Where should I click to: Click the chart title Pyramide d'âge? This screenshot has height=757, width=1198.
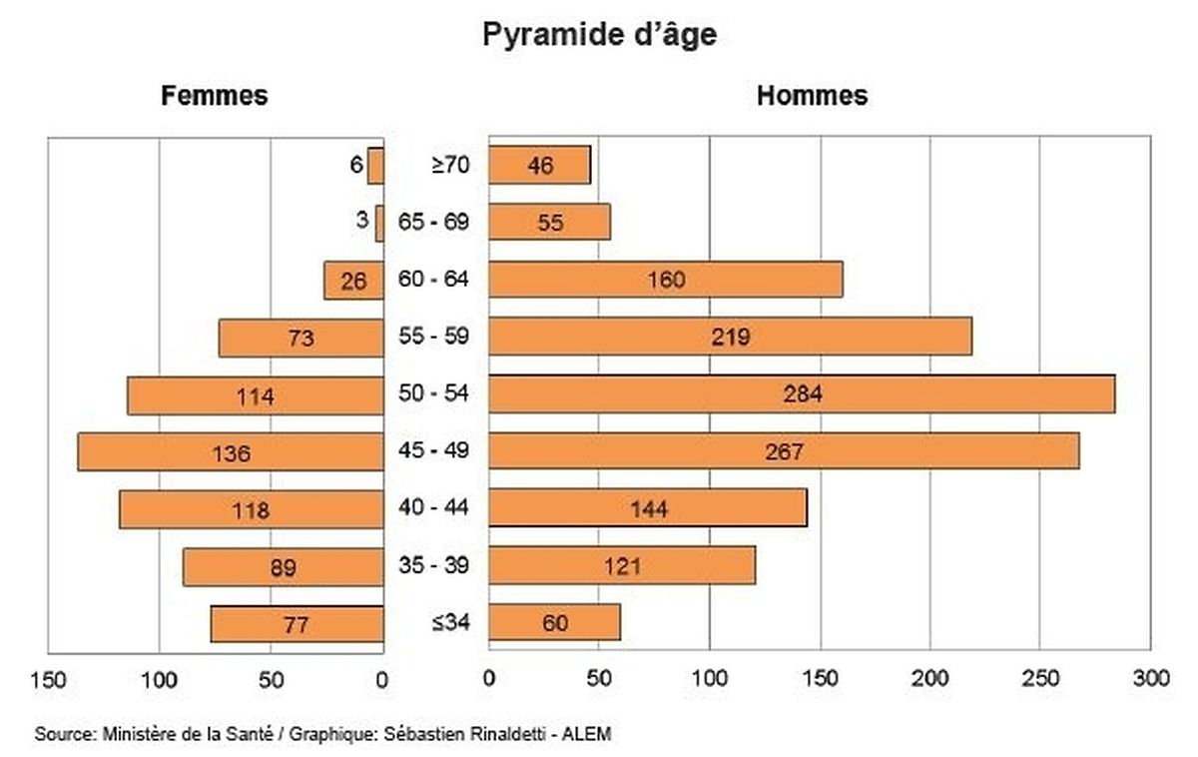pyautogui.click(x=599, y=35)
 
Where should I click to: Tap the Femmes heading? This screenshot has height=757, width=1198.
pyautogui.click(x=215, y=96)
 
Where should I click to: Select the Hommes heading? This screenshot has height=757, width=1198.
pyautogui.click(x=812, y=96)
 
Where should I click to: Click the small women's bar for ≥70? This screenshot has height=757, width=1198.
pyautogui.click(x=375, y=165)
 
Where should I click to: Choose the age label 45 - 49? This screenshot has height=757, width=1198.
pyautogui.click(x=434, y=451)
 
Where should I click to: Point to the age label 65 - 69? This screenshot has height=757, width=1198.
pyautogui.click(x=434, y=222)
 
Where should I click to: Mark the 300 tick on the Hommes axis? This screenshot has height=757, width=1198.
pyautogui.click(x=1150, y=680)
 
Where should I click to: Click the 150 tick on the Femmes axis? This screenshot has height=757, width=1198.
pyautogui.click(x=48, y=680)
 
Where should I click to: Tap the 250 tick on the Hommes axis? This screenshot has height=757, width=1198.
pyautogui.click(x=1039, y=680)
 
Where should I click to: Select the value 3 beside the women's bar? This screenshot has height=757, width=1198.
pyautogui.click(x=361, y=220)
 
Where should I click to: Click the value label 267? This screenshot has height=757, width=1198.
pyautogui.click(x=784, y=452)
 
